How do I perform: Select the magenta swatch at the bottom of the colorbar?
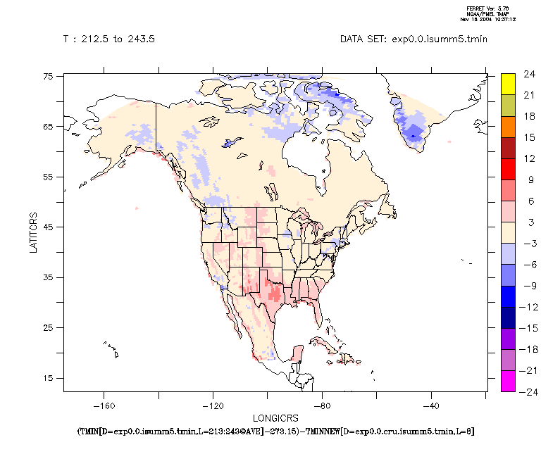507,381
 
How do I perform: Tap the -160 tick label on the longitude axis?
104,405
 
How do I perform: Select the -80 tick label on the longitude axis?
322,405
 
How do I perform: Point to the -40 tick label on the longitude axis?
431,405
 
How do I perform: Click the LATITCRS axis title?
34,234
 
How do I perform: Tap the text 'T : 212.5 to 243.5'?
109,39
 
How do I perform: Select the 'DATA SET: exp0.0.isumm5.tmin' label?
413,39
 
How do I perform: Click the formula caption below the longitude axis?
275,430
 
